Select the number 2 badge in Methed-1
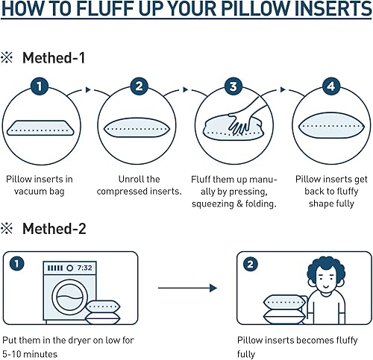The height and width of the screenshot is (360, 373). tap(139, 87)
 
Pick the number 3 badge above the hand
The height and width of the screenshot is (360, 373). tap(234, 87)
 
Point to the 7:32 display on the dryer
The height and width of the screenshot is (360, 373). tap(84, 267)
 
